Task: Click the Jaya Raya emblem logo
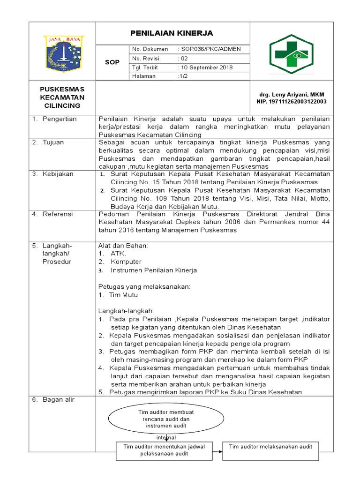[x=64, y=53]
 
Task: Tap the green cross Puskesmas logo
[x=291, y=54]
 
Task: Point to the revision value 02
[x=183, y=59]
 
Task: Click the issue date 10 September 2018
[x=205, y=67]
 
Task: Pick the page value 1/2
[x=182, y=76]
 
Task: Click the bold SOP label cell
[x=112, y=62]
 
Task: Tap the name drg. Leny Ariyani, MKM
[x=291, y=95]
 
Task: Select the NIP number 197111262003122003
[x=291, y=101]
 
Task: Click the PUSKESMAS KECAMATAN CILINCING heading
[x=62, y=97]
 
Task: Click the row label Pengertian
[x=60, y=119]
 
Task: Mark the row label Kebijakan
[x=58, y=174]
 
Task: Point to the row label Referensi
[x=58, y=214]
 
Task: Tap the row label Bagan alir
[x=58, y=400]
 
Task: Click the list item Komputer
[x=126, y=262]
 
